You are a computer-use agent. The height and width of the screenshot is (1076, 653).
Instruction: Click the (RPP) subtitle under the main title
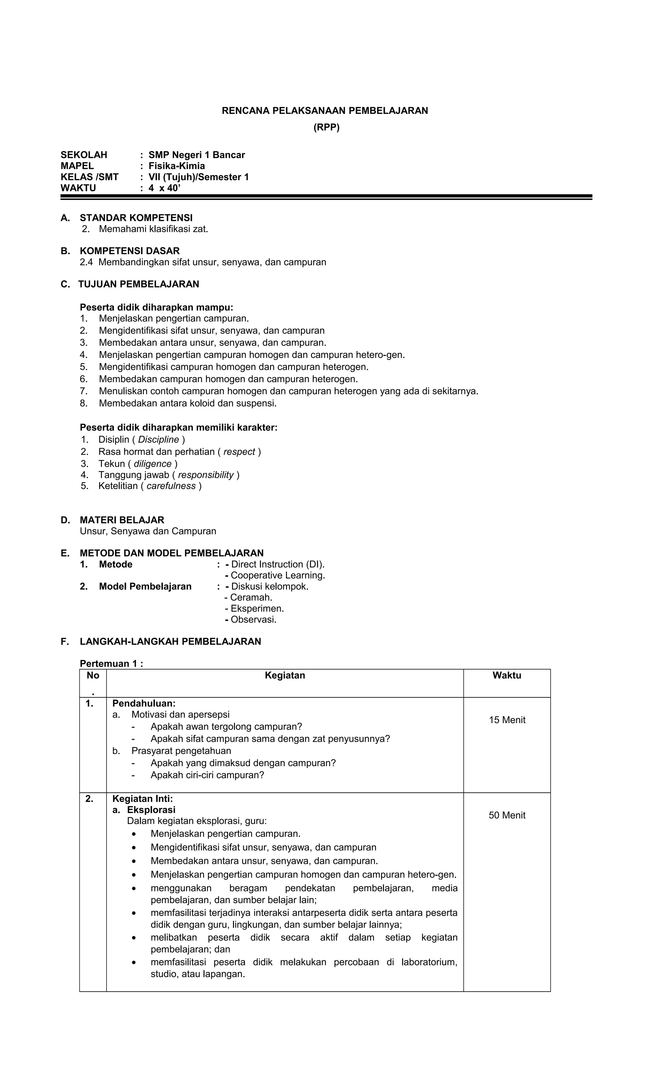[326, 128]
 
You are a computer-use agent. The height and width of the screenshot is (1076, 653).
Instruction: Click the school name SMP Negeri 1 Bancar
[196, 155]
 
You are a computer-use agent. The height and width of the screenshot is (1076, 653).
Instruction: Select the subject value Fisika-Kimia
[176, 166]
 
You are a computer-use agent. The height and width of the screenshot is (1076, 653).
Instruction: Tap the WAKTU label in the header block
[78, 188]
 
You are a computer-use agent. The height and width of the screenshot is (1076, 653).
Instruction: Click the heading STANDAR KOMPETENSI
[136, 218]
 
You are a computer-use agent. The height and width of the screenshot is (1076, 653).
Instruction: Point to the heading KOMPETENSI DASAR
[130, 251]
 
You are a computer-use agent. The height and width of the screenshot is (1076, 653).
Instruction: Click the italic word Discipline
[158, 439]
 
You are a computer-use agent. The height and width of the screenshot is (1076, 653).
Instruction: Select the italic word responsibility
[206, 475]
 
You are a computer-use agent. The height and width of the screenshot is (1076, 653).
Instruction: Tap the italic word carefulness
[171, 486]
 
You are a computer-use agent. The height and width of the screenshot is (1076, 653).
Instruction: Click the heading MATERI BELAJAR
[122, 520]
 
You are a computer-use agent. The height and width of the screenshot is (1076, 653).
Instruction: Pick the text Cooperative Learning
[278, 575]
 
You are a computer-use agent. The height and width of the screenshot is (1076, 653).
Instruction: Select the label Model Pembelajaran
[145, 586]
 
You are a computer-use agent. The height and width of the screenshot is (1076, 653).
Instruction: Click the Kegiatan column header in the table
[285, 676]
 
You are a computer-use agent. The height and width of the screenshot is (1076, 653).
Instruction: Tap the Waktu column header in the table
[507, 676]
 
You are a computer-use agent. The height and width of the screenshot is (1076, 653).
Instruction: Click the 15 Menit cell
[507, 720]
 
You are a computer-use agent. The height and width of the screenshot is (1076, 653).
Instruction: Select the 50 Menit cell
[507, 815]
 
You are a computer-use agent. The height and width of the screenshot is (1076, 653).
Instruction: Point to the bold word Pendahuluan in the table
[143, 703]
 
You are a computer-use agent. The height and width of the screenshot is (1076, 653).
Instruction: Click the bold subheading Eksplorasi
[151, 810]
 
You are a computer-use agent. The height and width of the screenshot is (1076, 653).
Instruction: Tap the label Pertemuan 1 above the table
[111, 664]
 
